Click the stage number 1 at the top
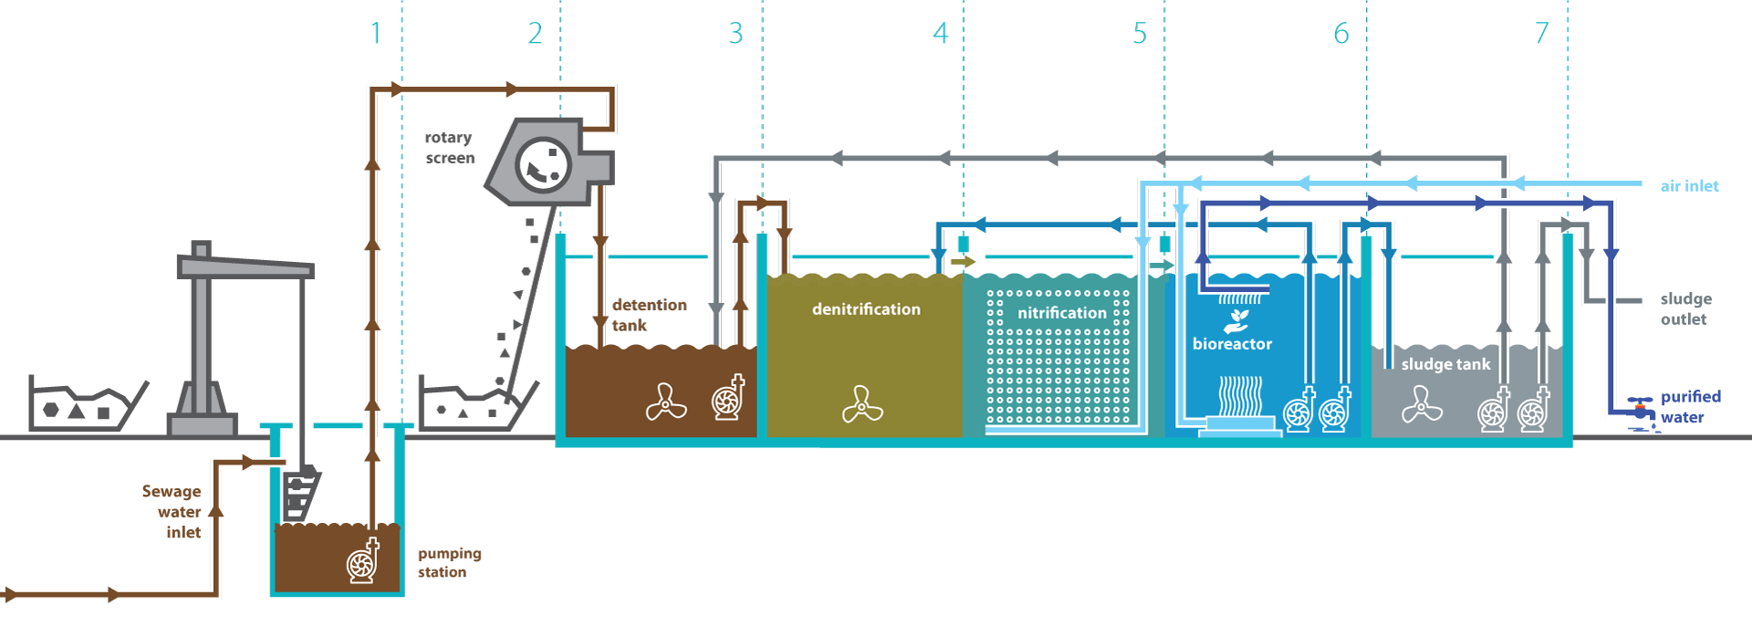click(x=376, y=33)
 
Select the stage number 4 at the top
click(x=941, y=33)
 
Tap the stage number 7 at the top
click(x=1542, y=33)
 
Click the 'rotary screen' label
click(x=449, y=147)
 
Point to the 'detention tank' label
click(x=649, y=315)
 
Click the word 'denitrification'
click(x=866, y=309)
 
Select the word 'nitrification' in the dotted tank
click(x=1062, y=313)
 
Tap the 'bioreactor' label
click(x=1232, y=344)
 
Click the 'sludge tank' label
click(x=1445, y=364)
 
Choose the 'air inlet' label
click(x=1689, y=186)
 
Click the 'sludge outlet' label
click(x=1685, y=308)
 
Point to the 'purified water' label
click(x=1690, y=407)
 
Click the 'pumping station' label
click(x=449, y=562)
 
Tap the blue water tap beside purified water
click(x=1642, y=410)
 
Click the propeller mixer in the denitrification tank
click(x=862, y=404)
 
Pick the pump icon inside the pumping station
click(x=363, y=559)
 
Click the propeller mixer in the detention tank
click(x=666, y=402)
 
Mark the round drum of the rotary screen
click(x=543, y=165)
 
